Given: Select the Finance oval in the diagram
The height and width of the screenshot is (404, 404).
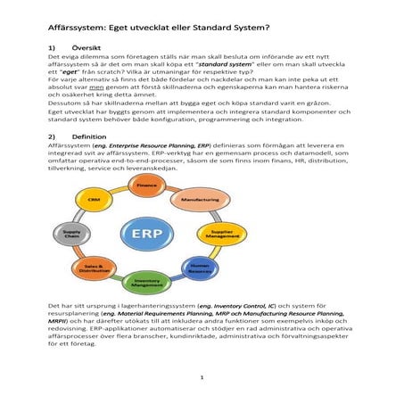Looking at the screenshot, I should [x=147, y=184].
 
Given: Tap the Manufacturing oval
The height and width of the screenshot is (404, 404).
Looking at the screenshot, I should [x=202, y=200].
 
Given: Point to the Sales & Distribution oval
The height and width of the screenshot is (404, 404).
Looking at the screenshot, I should [x=94, y=267].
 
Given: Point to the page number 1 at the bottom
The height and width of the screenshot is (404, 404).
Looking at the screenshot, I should [x=202, y=378].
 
